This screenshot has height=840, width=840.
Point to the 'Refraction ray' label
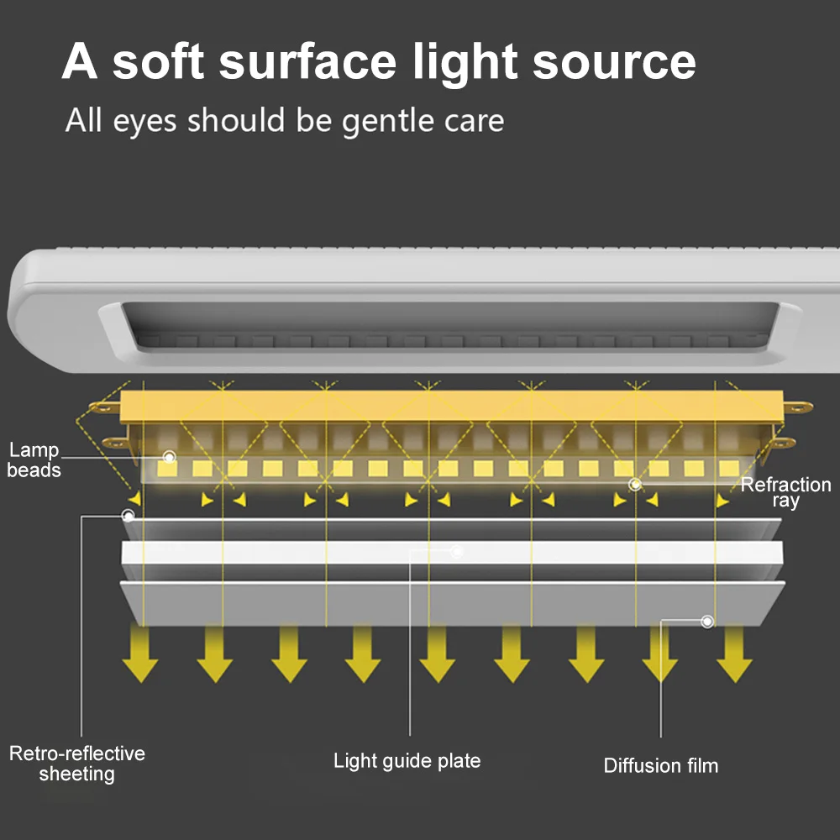(785, 492)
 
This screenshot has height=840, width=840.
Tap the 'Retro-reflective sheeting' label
(76, 763)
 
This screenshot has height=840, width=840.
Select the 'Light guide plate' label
(407, 761)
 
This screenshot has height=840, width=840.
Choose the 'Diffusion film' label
(660, 765)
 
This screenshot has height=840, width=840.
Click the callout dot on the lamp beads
(169, 458)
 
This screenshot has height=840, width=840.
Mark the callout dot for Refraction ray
(635, 484)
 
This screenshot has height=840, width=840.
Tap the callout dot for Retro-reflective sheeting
(128, 514)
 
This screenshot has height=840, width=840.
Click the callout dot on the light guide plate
(457, 552)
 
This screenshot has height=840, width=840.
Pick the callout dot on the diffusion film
(707, 622)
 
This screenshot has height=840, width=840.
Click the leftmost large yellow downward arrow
(140, 655)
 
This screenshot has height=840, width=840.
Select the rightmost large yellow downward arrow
(734, 655)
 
